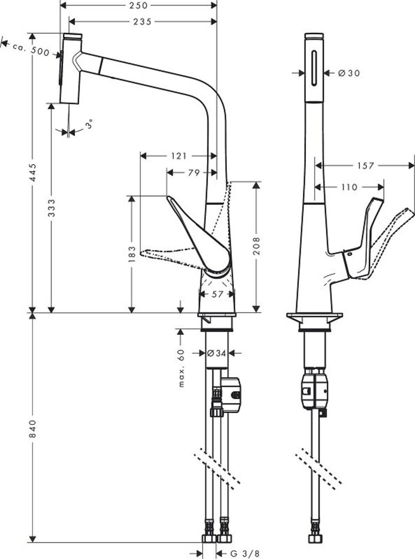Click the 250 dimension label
coord(139,5)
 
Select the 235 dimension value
coord(139,22)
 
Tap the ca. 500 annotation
coord(32,49)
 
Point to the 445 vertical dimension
coord(34,171)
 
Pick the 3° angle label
coord(89,125)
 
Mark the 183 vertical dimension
coord(132,254)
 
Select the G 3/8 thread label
coord(243,553)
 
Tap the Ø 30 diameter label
coord(349,73)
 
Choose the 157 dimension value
coord(365,166)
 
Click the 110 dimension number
coord(349,187)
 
